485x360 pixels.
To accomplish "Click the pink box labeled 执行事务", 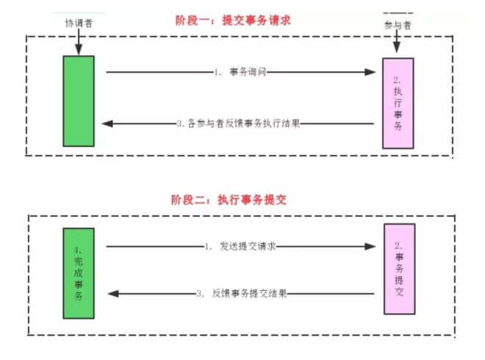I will coord(398,104).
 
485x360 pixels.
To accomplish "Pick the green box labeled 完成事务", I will coord(79,273).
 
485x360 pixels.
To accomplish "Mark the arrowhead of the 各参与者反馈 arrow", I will coord(107,123).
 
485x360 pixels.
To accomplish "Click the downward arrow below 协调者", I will coord(78,46).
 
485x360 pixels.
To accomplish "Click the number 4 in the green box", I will coord(79,249).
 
